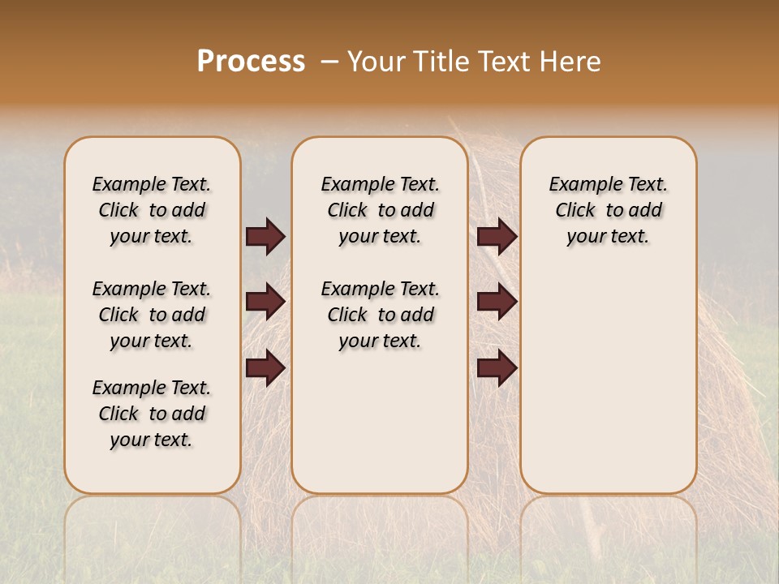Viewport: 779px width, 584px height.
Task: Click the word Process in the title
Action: tap(251, 62)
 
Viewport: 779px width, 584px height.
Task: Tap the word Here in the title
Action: tap(572, 62)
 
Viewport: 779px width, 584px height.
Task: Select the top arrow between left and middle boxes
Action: tap(265, 236)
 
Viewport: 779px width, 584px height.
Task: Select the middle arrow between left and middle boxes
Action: tap(265, 302)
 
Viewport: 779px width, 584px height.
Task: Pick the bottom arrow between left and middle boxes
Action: tap(265, 367)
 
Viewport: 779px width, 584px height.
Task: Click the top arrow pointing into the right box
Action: tap(497, 236)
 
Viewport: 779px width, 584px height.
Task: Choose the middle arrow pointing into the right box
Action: tap(497, 302)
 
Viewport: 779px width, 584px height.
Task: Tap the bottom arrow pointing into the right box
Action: tap(497, 367)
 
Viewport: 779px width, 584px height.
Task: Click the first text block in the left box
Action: tap(152, 210)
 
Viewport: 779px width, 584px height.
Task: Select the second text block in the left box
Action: tap(152, 315)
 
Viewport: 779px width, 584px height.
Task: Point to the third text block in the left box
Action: tap(152, 414)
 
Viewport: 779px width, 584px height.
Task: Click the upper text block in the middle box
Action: tap(380, 210)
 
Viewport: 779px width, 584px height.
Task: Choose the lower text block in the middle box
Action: tap(380, 315)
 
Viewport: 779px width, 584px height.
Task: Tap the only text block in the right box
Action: tap(608, 210)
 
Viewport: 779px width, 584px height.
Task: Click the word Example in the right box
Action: tap(579, 185)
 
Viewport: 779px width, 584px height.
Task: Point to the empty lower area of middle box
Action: tap(380, 422)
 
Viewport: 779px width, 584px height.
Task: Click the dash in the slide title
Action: tap(329, 62)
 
